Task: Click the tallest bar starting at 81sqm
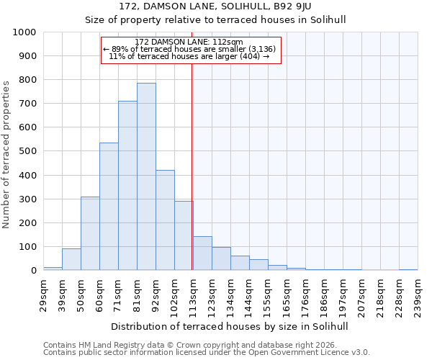point(146,176)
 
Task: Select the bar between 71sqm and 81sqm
point(127,186)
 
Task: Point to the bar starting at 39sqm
point(71,259)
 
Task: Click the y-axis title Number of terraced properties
point(7,155)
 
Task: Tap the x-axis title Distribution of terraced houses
point(230,326)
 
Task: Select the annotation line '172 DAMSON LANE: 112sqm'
point(191,42)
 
